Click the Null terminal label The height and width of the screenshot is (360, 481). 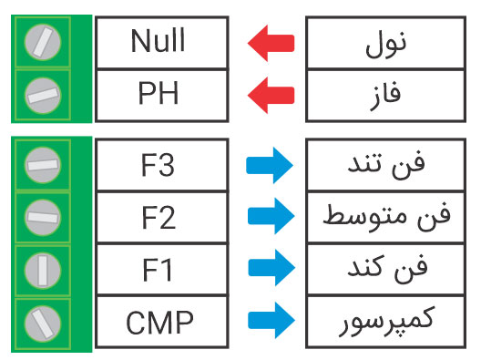[x=158, y=42]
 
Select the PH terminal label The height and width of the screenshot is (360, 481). [x=158, y=94]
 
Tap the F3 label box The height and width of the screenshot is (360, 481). [x=158, y=167]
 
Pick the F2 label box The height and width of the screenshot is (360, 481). [x=158, y=218]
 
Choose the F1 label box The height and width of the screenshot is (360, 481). [x=158, y=270]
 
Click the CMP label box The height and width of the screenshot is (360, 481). [x=158, y=321]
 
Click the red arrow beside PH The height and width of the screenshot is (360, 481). [x=271, y=94]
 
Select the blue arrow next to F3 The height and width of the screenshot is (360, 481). [x=271, y=166]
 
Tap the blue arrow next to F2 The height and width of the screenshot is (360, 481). [x=271, y=218]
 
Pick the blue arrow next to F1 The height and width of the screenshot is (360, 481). [x=271, y=270]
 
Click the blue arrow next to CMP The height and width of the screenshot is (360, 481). [x=271, y=321]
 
